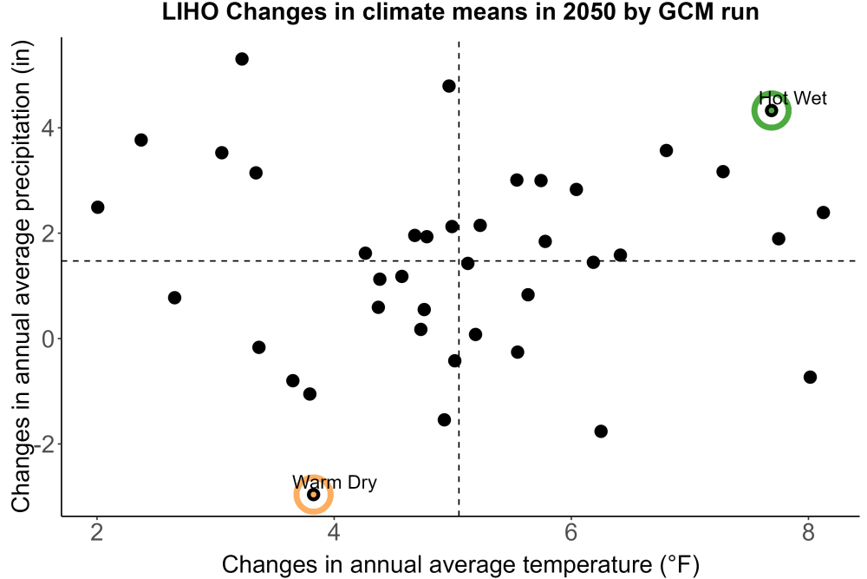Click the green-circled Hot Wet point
click(x=772, y=111)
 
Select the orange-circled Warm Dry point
click(x=314, y=494)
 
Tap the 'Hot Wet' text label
click(x=793, y=98)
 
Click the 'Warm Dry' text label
click(x=335, y=482)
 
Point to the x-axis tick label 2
click(x=97, y=532)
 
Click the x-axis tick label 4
click(x=334, y=532)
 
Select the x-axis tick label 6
click(x=571, y=532)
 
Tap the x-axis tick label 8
click(x=808, y=532)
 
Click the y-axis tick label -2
click(x=44, y=444)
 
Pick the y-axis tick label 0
click(x=49, y=339)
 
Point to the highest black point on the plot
click(x=242, y=59)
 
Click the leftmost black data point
click(x=97, y=207)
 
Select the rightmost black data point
click(x=824, y=213)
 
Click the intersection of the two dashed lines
click(x=459, y=260)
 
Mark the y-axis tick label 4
click(x=49, y=128)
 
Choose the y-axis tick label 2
click(x=49, y=234)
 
